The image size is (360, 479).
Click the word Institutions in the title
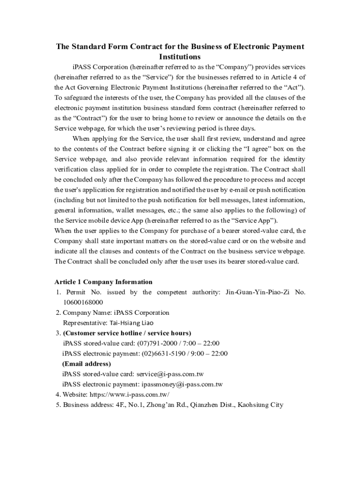coord(180,57)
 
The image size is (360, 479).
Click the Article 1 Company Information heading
coord(103,282)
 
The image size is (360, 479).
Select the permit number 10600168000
coord(83,302)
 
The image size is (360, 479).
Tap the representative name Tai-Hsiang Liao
coord(131,323)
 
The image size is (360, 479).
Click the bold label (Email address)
coord(86,364)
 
